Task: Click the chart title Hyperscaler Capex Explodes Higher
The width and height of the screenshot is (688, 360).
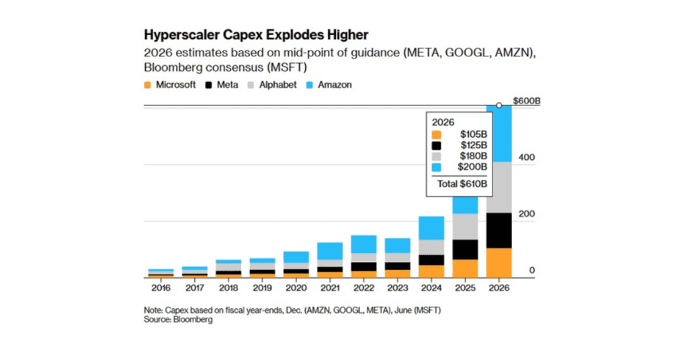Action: (256, 34)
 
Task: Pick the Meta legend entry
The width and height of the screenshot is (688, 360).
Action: (224, 85)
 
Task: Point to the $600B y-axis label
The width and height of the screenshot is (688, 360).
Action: (528, 101)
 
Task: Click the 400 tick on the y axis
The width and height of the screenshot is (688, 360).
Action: (525, 157)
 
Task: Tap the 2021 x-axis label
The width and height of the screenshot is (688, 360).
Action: (330, 287)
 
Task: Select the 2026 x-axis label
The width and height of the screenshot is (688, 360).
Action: (499, 287)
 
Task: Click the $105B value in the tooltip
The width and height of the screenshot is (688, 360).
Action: (473, 134)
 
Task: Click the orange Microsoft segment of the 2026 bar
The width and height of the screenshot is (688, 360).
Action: (499, 263)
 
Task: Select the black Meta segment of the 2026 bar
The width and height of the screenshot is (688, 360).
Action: (499, 230)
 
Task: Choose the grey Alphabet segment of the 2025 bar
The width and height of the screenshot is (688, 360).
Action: (464, 226)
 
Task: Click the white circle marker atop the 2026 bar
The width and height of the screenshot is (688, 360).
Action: (499, 105)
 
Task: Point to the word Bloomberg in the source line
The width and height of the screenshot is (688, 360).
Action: (195, 320)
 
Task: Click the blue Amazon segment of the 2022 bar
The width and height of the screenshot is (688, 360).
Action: (364, 244)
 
